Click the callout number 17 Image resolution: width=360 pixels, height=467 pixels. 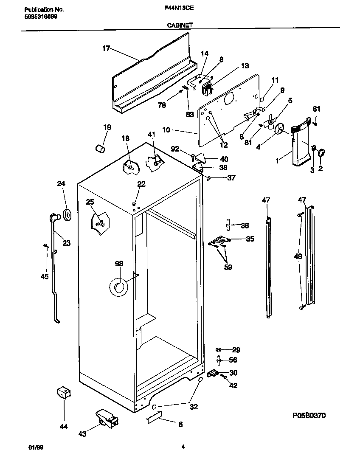(106, 48)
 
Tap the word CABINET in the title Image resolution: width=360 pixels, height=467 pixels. (180, 25)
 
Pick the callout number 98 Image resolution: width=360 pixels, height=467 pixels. (118, 264)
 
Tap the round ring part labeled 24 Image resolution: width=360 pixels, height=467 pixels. (67, 214)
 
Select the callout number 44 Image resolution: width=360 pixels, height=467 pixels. (63, 427)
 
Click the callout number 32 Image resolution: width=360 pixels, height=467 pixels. (194, 407)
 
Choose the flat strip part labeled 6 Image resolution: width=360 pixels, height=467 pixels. (153, 419)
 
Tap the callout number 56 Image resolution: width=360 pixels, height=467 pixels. (233, 360)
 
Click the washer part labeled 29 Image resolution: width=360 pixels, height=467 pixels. (219, 349)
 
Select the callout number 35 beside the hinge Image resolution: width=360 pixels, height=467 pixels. (250, 239)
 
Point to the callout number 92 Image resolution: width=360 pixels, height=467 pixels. (175, 149)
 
